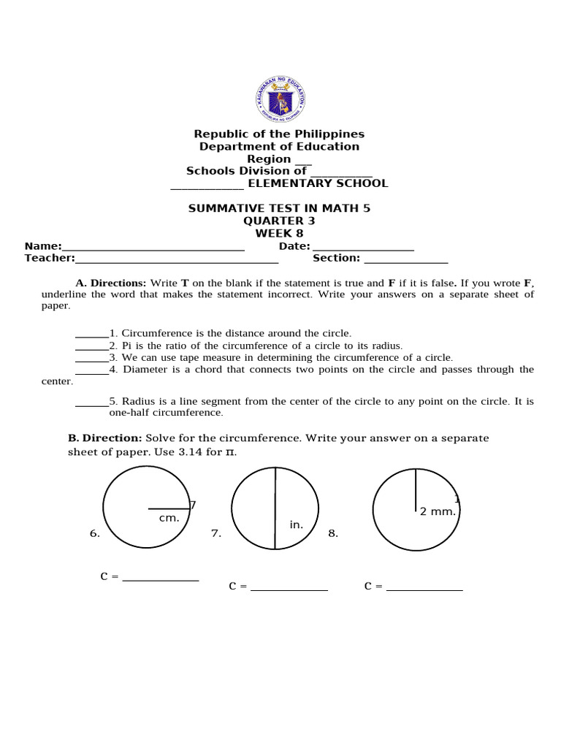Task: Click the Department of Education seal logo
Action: click(x=280, y=97)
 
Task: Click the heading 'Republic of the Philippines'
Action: click(x=279, y=134)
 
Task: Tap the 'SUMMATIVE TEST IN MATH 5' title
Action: click(x=279, y=208)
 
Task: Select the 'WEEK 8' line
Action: click(x=279, y=233)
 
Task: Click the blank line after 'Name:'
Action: click(x=153, y=248)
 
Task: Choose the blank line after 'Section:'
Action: click(x=405, y=259)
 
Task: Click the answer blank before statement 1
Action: click(x=92, y=335)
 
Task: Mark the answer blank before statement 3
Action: click(x=92, y=359)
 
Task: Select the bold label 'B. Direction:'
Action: click(x=105, y=438)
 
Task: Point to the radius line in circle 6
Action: click(x=168, y=508)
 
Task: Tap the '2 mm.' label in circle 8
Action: click(x=438, y=511)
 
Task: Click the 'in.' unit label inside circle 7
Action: click(x=296, y=524)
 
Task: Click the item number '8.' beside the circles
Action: click(x=333, y=534)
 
